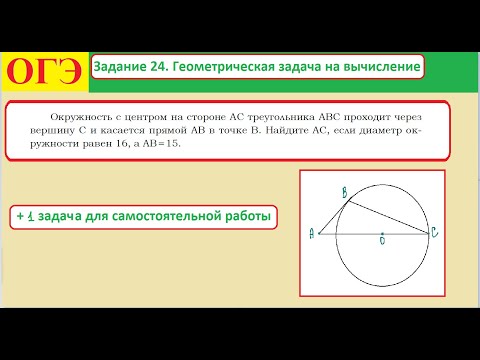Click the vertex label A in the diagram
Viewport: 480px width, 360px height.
[313, 233]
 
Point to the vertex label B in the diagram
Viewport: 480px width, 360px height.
[343, 191]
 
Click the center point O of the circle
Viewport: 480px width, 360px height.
[381, 238]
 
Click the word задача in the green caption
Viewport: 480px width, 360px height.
[68, 216]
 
